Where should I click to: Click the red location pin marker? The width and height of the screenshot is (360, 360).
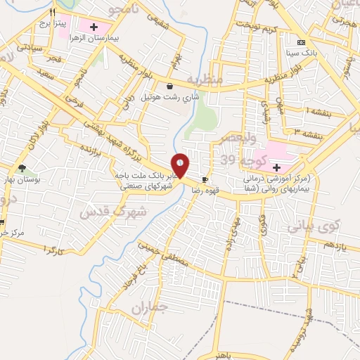[x=181, y=165]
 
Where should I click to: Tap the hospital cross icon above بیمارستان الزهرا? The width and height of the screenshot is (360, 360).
[x=94, y=27]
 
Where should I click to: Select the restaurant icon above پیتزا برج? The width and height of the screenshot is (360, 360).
[x=52, y=13]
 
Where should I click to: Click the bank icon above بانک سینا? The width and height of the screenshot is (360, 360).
[x=300, y=41]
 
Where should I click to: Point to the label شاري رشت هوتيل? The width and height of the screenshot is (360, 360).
[x=170, y=96]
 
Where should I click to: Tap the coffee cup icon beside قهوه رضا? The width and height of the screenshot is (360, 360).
[x=205, y=179]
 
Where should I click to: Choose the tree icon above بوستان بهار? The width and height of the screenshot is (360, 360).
[x=22, y=169]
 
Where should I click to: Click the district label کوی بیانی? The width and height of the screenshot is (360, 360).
[x=313, y=226]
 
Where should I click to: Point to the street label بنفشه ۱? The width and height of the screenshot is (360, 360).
[x=318, y=110]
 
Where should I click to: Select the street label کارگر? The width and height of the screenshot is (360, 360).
[x=53, y=251]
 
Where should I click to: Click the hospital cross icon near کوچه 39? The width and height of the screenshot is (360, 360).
[x=276, y=168]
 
